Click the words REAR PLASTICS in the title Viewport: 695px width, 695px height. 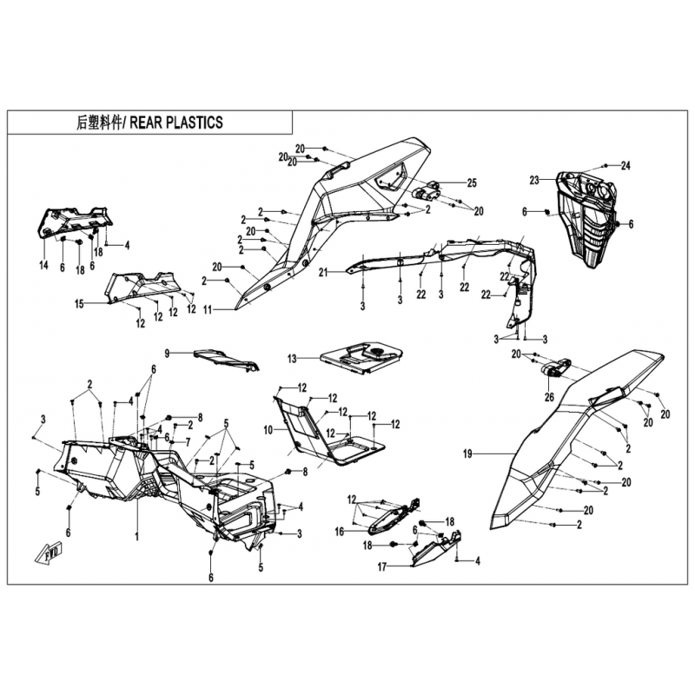[176, 122]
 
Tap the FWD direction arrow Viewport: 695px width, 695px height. [49, 553]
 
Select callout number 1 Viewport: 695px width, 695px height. [137, 537]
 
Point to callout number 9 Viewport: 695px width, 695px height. [167, 354]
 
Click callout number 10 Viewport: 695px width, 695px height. [268, 430]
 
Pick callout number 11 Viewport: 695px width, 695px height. [208, 310]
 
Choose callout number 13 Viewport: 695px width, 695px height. [292, 359]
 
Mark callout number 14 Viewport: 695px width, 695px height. [43, 266]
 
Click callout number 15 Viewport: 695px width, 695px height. [79, 305]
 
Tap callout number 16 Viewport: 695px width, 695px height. [340, 531]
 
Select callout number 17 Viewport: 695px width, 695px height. [382, 567]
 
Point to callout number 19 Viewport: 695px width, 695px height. [467, 453]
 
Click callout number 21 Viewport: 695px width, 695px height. [323, 272]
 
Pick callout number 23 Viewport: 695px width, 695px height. [534, 181]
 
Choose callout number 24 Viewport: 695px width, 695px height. [625, 166]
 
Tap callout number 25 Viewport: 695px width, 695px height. [472, 182]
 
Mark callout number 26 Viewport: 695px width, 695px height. [549, 397]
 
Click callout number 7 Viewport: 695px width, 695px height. [188, 442]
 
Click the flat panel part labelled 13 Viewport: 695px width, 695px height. [361, 358]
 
